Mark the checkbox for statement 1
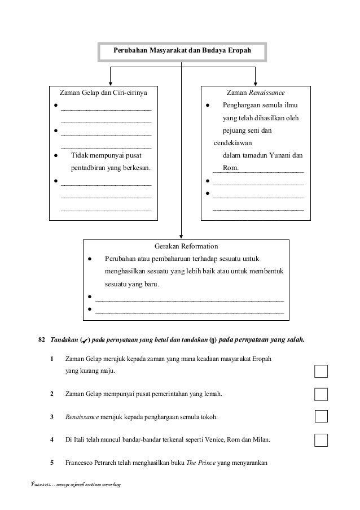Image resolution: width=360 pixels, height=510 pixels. (x=321, y=371)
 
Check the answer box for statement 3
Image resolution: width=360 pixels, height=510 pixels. (x=321, y=417)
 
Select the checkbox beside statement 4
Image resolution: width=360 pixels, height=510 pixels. (x=321, y=440)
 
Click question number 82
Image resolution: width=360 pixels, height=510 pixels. (x=41, y=340)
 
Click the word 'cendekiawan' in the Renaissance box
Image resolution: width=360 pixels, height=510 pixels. (x=232, y=143)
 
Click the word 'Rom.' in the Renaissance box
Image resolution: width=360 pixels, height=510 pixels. (x=230, y=168)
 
